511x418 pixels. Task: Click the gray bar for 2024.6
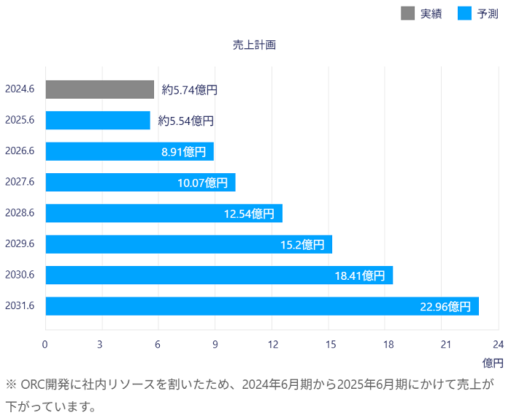100,89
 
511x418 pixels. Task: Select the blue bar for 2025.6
98,121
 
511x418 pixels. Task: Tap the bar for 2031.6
262,306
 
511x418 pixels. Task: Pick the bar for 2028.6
164,213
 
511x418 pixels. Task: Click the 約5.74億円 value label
190,90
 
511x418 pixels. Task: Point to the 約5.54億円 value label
186,121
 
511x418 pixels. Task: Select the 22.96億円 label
445,306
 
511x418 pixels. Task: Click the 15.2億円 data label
302,244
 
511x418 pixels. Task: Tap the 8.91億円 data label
184,152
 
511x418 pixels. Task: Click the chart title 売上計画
254,45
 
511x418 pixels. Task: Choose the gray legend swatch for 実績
408,13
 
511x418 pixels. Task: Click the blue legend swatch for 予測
464,13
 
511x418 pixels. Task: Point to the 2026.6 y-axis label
20,151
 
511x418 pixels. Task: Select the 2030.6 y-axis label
20,275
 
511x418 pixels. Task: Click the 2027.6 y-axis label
20,182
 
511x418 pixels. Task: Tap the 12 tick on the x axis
272,344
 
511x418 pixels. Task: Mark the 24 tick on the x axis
499,344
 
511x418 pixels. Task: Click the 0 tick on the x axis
45,344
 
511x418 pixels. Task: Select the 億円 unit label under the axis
492,362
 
